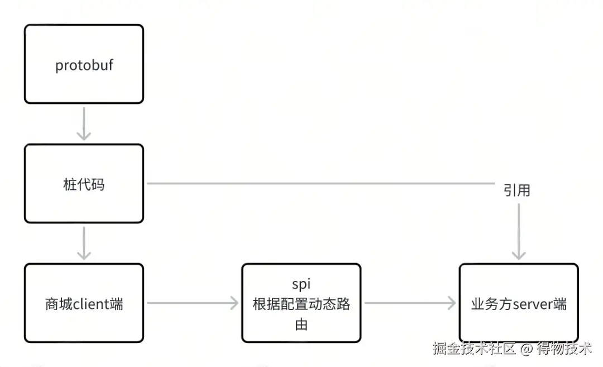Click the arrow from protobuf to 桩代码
coord(84,124)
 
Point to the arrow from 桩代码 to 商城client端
coord(84,243)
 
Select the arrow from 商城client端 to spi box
coord(193,303)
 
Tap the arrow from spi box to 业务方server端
coord(410,303)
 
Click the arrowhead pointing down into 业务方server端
coord(519,254)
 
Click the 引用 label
coord(516,190)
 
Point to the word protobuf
coord(84,65)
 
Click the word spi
coord(301,285)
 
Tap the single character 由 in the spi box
coord(301,324)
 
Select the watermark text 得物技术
coord(564,349)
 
